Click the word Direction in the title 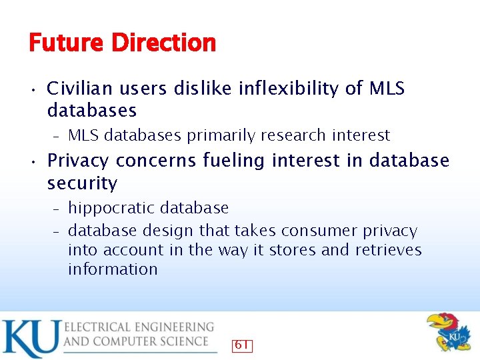[163, 43]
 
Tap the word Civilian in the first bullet [75, 89]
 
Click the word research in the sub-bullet [295, 135]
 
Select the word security [82, 183]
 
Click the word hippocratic [107, 209]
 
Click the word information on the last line [113, 269]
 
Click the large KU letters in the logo [31, 339]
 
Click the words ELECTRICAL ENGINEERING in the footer [139, 327]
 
